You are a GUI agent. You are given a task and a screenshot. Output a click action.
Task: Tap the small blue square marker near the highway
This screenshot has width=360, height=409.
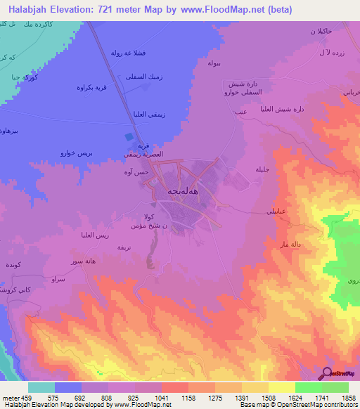128,137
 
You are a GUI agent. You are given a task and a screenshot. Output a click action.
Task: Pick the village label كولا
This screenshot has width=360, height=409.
149,216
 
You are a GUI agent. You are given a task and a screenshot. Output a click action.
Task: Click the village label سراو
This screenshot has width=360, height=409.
58,278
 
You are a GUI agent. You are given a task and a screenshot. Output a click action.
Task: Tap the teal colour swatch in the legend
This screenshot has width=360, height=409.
41,387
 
